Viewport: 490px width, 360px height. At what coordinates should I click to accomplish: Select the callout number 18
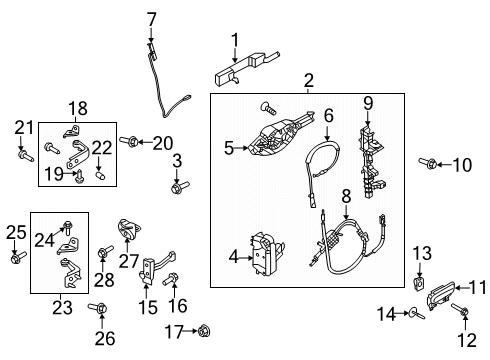[x=78, y=108]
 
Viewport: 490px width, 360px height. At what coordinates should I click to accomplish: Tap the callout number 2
[x=308, y=80]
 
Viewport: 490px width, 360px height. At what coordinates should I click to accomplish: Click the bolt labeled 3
[x=176, y=186]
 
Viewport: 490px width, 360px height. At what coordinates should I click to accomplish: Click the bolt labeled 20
[x=131, y=142]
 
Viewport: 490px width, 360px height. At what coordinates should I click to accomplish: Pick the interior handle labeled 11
[x=440, y=293]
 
